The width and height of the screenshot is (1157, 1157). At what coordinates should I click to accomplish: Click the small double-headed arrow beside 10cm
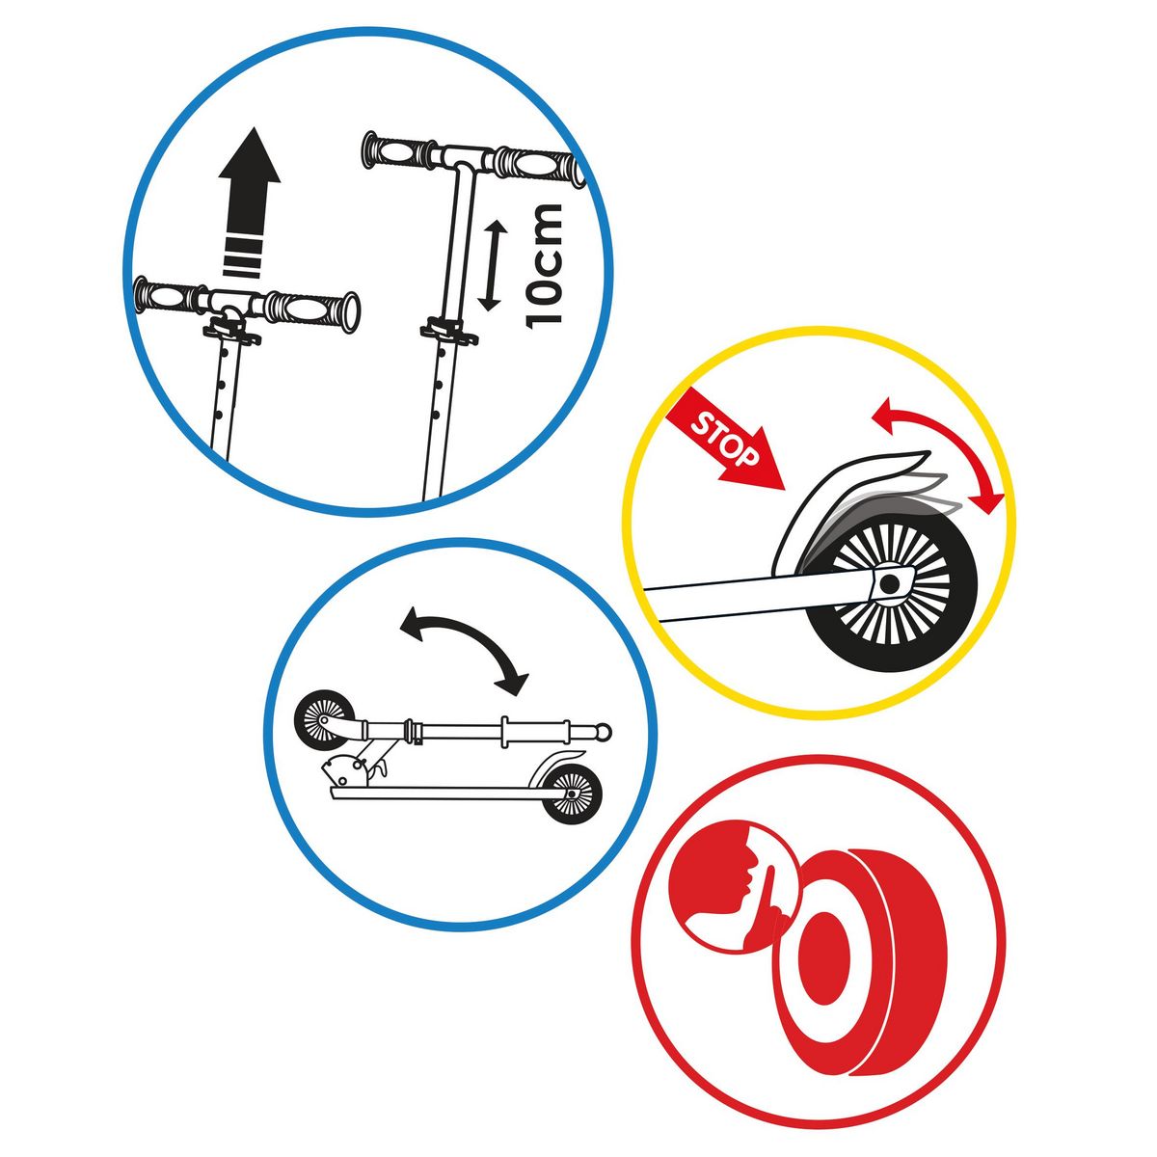coord(493,265)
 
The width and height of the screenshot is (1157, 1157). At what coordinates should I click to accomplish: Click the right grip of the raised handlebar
coord(536,165)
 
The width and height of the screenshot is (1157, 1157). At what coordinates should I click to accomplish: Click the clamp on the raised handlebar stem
coord(449,331)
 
